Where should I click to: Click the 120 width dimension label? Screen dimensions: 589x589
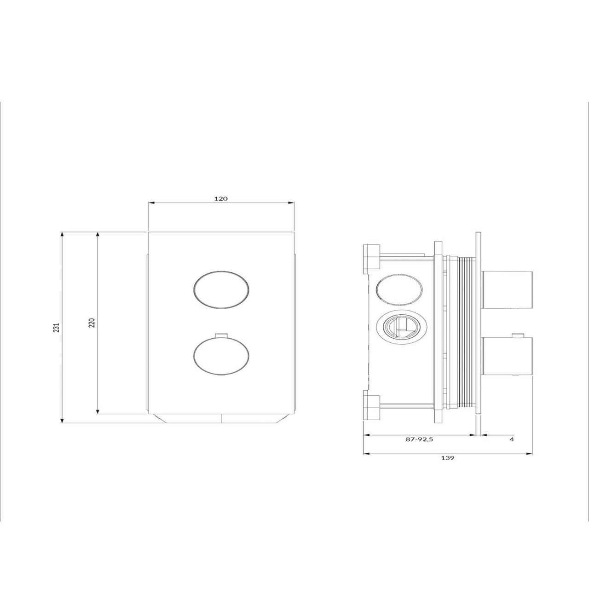(x=221, y=199)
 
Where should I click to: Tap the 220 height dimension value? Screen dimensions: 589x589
(x=92, y=323)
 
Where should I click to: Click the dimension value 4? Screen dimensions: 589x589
(x=512, y=439)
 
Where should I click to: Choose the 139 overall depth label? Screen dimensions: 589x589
(x=448, y=458)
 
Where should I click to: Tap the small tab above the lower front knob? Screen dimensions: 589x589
(x=221, y=335)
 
